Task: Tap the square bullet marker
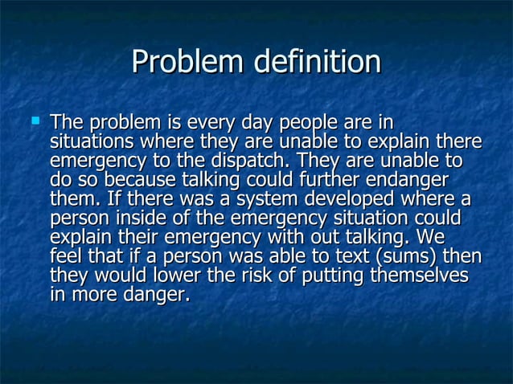click(34, 121)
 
